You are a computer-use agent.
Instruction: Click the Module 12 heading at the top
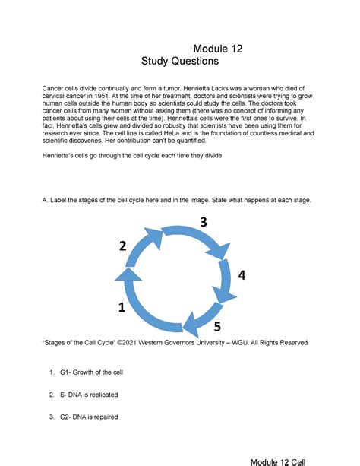218,48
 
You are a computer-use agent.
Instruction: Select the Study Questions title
180,61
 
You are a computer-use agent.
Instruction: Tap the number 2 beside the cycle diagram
122,246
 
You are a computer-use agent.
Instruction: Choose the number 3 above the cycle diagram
203,222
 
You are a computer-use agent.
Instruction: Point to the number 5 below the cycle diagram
216,328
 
